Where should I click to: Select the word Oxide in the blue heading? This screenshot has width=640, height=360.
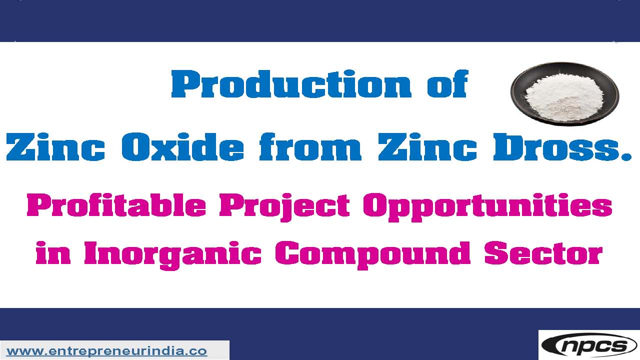182,147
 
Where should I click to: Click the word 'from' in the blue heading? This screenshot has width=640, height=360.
310,147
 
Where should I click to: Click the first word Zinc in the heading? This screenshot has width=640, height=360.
55,147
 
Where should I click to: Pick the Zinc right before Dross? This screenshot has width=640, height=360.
427,147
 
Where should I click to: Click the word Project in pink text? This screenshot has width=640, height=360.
284,207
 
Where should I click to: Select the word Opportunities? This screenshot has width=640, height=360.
487,207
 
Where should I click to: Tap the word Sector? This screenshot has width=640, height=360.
543,253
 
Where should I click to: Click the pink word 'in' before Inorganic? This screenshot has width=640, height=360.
53,253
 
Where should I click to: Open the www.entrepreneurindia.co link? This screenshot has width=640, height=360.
106,351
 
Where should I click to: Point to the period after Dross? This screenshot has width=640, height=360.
626,156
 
